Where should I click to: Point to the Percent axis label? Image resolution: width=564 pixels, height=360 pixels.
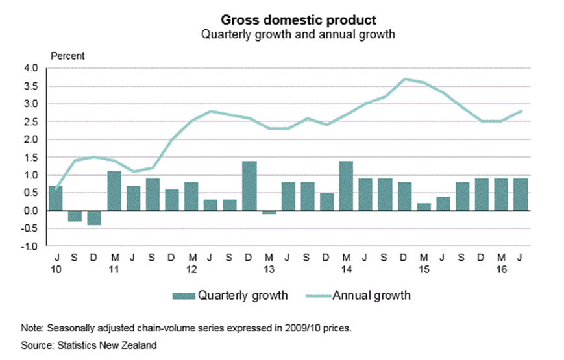[x=67, y=56]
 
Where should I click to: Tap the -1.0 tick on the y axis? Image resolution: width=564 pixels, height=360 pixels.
[x=31, y=246]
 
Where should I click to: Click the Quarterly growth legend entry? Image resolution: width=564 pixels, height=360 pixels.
[x=230, y=296]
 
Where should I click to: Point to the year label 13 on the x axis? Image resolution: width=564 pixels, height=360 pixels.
[x=269, y=268]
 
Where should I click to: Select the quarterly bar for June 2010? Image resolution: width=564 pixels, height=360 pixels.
[x=56, y=198]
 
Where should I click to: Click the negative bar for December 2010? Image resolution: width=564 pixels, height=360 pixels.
[x=94, y=218]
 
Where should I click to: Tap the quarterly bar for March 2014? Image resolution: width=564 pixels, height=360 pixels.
[x=346, y=186]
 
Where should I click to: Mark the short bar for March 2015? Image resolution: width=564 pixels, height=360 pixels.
[x=424, y=207]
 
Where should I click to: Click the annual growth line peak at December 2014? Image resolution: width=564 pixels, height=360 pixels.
[x=404, y=79]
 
